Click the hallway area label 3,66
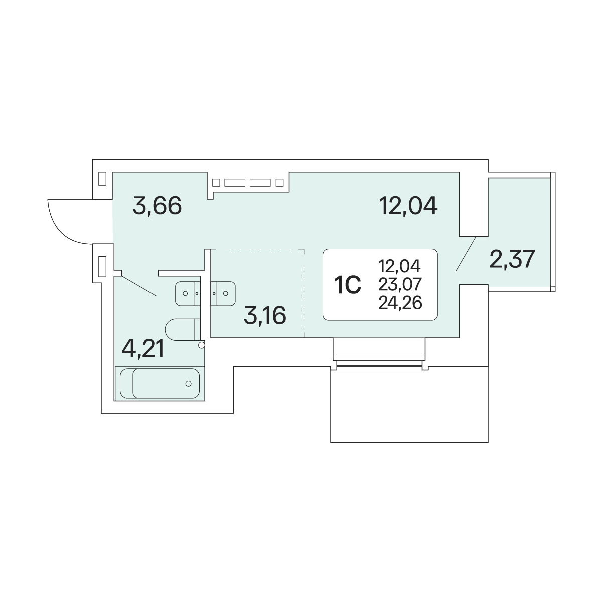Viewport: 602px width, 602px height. pyautogui.click(x=157, y=206)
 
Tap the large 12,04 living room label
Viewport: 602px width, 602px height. pyautogui.click(x=408, y=206)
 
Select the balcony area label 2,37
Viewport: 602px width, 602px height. pyautogui.click(x=512, y=259)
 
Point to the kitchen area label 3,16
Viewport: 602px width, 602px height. pyautogui.click(x=265, y=315)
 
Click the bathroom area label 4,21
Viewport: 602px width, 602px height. pyautogui.click(x=143, y=349)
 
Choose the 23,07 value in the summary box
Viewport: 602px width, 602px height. pyautogui.click(x=400, y=284)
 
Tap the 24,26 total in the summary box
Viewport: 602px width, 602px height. pyautogui.click(x=400, y=303)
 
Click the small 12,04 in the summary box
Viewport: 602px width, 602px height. pyautogui.click(x=399, y=266)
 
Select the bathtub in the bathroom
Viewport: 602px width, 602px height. pyautogui.click(x=160, y=383)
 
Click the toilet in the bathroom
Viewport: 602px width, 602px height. pyautogui.click(x=183, y=329)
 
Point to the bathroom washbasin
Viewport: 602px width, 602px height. pyautogui.click(x=188, y=293)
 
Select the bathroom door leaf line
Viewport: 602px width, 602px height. pyautogui.click(x=139, y=286)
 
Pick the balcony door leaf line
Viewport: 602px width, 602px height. pyautogui.click(x=466, y=254)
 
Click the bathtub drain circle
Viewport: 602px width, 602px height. pyautogui.click(x=189, y=384)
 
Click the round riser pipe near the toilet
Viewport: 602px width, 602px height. pyautogui.click(x=202, y=345)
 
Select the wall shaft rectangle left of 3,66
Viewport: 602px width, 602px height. pyautogui.click(x=102, y=179)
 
